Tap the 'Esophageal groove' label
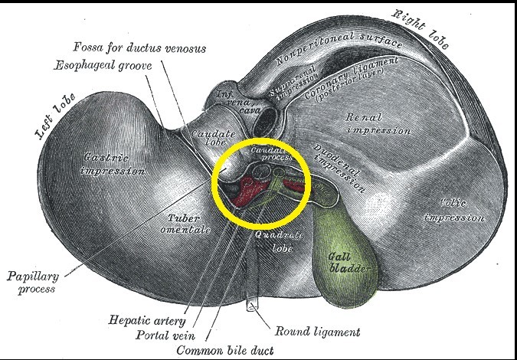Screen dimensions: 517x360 [103, 65]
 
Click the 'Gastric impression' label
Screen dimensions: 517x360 [112, 163]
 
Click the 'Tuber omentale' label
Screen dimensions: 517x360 [183, 223]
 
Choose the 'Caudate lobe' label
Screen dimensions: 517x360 [207, 139]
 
